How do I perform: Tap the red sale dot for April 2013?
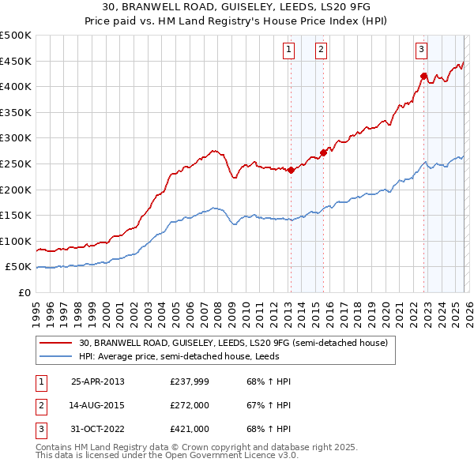[291, 170]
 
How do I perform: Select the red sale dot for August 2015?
[323, 152]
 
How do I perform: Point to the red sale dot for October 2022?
[423, 76]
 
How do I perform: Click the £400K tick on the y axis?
[16, 86]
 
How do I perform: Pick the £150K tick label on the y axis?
[16, 215]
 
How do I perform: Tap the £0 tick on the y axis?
[24, 292]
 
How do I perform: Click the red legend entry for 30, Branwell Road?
[233, 344]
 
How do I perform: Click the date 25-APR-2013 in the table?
[98, 381]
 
